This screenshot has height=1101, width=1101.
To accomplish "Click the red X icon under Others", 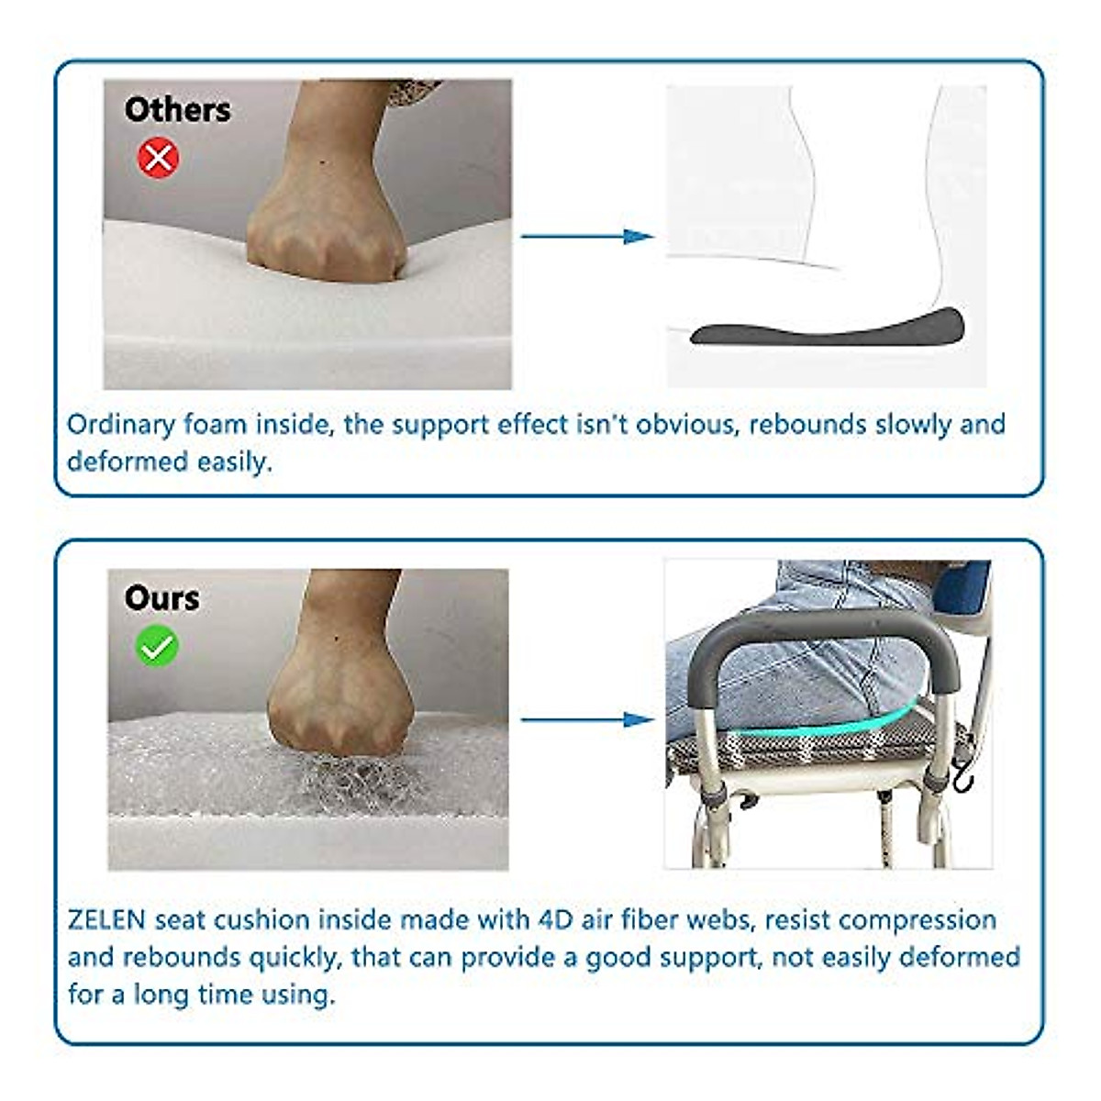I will click(158, 158).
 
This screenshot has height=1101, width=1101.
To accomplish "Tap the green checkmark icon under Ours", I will click(157, 647).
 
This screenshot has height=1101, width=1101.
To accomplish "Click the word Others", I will click(177, 109).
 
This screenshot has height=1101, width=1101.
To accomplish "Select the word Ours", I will click(161, 598).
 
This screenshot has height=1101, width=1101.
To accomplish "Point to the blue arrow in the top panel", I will click(587, 236).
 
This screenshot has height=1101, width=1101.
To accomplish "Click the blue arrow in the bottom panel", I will click(587, 719).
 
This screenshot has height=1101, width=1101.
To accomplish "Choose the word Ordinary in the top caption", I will click(120, 425).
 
